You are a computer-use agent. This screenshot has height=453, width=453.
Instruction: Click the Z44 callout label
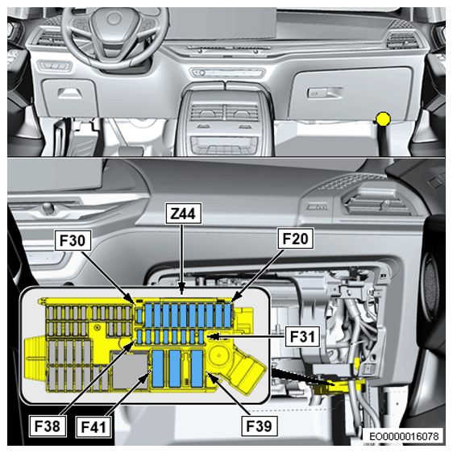click(x=184, y=214)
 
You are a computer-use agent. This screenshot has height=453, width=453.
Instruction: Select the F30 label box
click(x=73, y=240)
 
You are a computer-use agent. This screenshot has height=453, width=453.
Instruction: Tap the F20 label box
click(x=295, y=239)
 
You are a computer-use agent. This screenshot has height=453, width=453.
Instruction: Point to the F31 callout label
click(x=302, y=336)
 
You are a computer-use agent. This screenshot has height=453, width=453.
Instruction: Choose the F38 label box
click(x=48, y=426)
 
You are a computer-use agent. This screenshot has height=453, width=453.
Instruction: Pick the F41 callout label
click(x=94, y=426)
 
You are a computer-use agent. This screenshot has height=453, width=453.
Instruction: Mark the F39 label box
click(x=259, y=426)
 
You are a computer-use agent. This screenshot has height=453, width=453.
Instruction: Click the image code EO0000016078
click(x=404, y=436)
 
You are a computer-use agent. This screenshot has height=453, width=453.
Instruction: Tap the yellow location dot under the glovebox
click(x=384, y=118)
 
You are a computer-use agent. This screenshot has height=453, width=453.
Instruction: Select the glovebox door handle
click(x=324, y=93)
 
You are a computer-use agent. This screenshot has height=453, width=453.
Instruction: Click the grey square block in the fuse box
click(x=131, y=372)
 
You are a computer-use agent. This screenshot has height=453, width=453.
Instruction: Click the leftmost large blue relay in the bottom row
click(x=158, y=368)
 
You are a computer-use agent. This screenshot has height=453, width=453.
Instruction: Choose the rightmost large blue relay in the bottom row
click(x=197, y=368)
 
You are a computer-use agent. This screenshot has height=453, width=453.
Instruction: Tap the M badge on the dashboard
click(x=318, y=207)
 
